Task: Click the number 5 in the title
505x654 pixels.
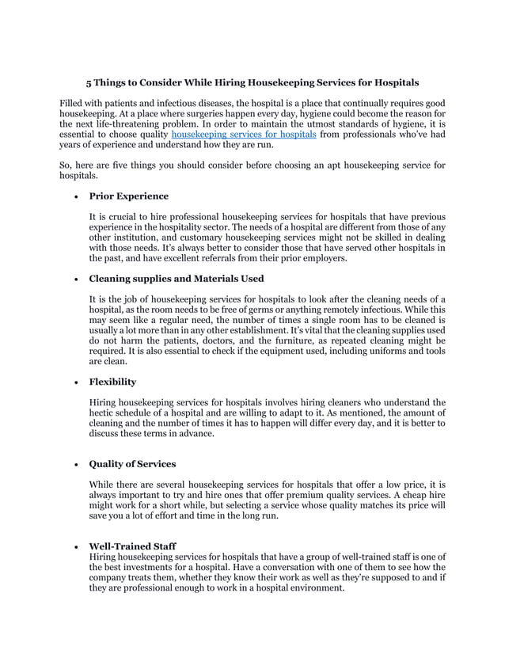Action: click(x=89, y=82)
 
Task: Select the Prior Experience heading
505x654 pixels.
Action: click(x=128, y=196)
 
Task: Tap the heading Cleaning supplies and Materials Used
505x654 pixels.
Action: click(x=176, y=278)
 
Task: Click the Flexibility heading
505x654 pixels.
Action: click(x=112, y=382)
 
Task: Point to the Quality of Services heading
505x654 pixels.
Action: click(x=132, y=464)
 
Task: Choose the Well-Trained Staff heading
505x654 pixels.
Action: click(x=132, y=546)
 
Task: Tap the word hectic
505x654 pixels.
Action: click(x=103, y=413)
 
